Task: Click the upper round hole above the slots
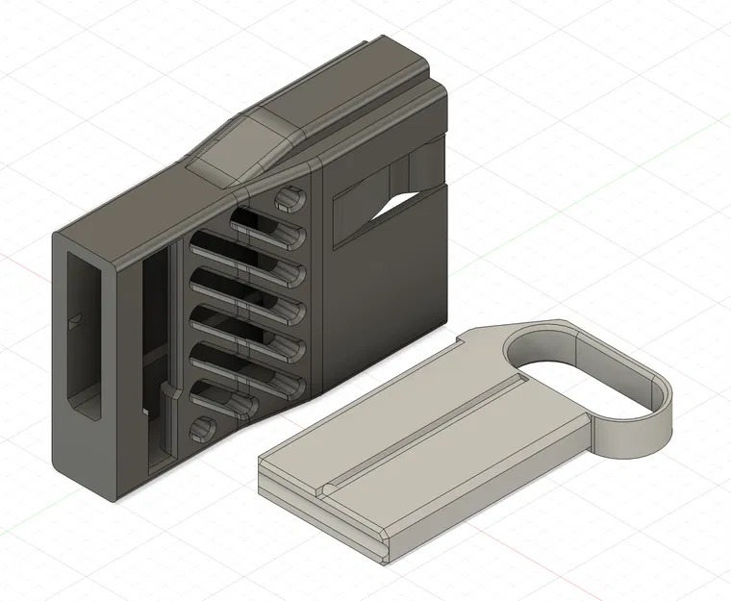287,199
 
